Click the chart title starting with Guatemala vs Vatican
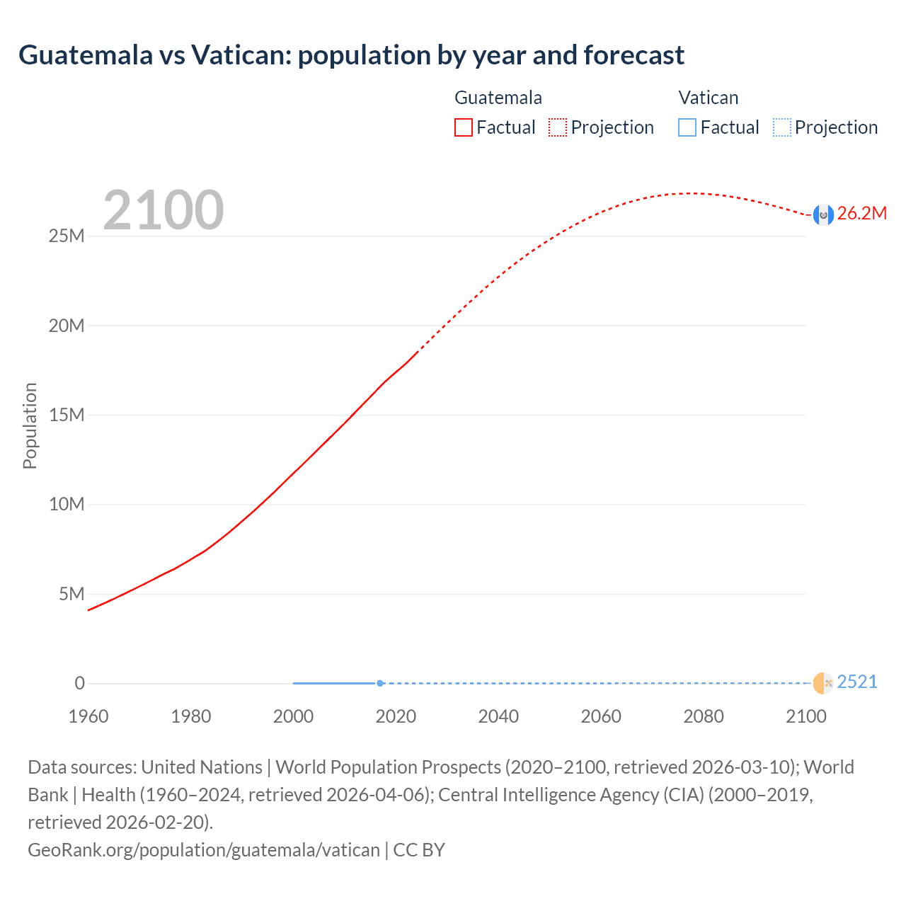click(x=351, y=55)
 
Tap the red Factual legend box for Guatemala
click(x=463, y=127)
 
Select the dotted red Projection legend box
click(x=558, y=127)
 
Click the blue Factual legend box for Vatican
click(x=687, y=127)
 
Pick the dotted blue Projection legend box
click(x=782, y=127)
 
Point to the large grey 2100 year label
click(x=164, y=210)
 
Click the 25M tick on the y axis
click(x=67, y=236)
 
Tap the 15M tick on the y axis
click(x=67, y=415)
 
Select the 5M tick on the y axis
click(x=71, y=594)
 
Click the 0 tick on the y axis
click(x=79, y=683)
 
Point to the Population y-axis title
click(x=30, y=425)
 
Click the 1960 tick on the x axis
click(x=88, y=716)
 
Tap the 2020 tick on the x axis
click(x=396, y=716)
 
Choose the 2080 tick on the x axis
click(x=704, y=716)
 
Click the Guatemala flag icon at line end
click(x=822, y=214)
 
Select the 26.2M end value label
click(x=861, y=214)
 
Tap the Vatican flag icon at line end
click(x=822, y=683)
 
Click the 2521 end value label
click(x=856, y=682)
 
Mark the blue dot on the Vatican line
click(x=380, y=683)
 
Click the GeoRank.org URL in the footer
click(x=204, y=849)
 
